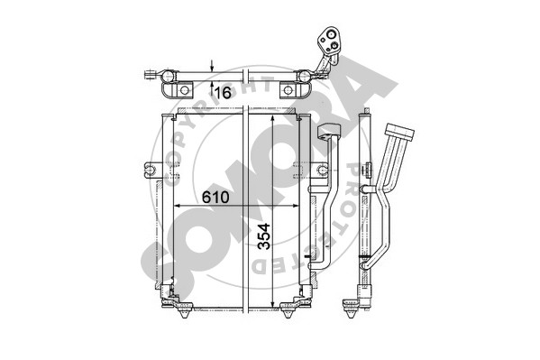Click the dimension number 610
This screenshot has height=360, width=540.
point(215,198)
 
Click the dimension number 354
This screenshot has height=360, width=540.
point(264,236)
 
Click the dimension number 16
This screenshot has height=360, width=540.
point(222,93)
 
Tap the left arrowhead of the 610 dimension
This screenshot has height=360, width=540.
point(178,206)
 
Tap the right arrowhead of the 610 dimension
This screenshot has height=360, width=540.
point(295,206)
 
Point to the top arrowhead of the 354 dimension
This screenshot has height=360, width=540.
point(272,119)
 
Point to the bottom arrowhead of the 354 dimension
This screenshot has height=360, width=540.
point(272,304)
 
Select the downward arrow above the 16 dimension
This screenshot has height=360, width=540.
point(212,66)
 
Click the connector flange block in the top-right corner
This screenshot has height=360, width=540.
point(329,41)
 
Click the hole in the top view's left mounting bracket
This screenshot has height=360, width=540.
point(185,90)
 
